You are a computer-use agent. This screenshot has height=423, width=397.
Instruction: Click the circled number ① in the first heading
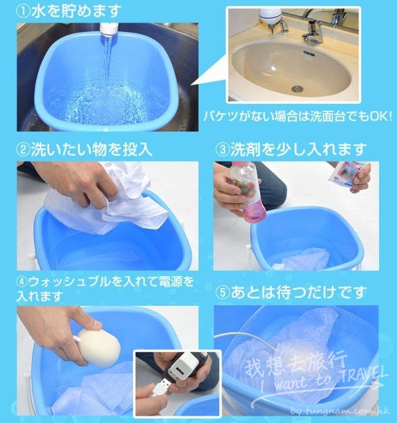pos(24,12)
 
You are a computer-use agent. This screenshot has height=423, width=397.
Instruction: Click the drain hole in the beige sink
pos(297,88)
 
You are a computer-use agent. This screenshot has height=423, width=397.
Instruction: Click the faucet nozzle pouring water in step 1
pos(109,30)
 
